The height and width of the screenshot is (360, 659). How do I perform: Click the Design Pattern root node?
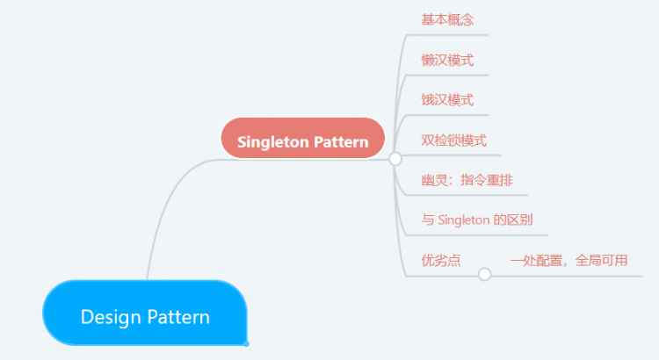coord(145,313)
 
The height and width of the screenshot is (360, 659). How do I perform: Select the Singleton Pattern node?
coord(303,139)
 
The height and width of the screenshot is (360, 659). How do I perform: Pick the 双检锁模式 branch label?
coord(454,140)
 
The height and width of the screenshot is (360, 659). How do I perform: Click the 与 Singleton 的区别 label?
coord(478,220)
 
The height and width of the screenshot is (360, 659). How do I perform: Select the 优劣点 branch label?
coord(441,260)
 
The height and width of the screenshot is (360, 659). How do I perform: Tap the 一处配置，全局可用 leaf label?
coord(568,260)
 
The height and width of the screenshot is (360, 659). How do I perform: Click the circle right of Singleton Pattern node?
coord(395,159)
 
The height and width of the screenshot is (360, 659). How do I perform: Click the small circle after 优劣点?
coord(484,275)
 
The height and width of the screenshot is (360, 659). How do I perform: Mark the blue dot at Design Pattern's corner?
coord(247,343)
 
